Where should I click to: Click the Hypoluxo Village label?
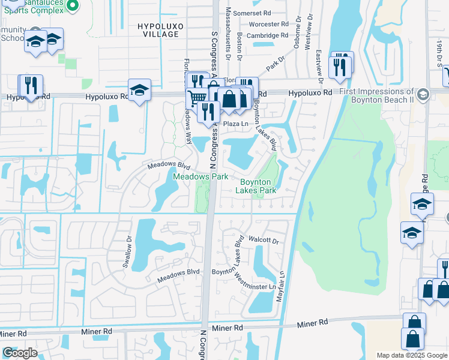158,30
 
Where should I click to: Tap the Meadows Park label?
200,177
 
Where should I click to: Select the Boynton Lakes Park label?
258,186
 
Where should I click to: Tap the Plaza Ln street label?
236,124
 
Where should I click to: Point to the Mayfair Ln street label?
280,284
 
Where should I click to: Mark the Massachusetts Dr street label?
228,34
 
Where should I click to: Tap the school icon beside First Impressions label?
423,94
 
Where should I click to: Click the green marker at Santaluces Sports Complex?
73,5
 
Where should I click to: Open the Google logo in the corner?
20,353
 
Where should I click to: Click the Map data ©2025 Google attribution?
411,355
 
